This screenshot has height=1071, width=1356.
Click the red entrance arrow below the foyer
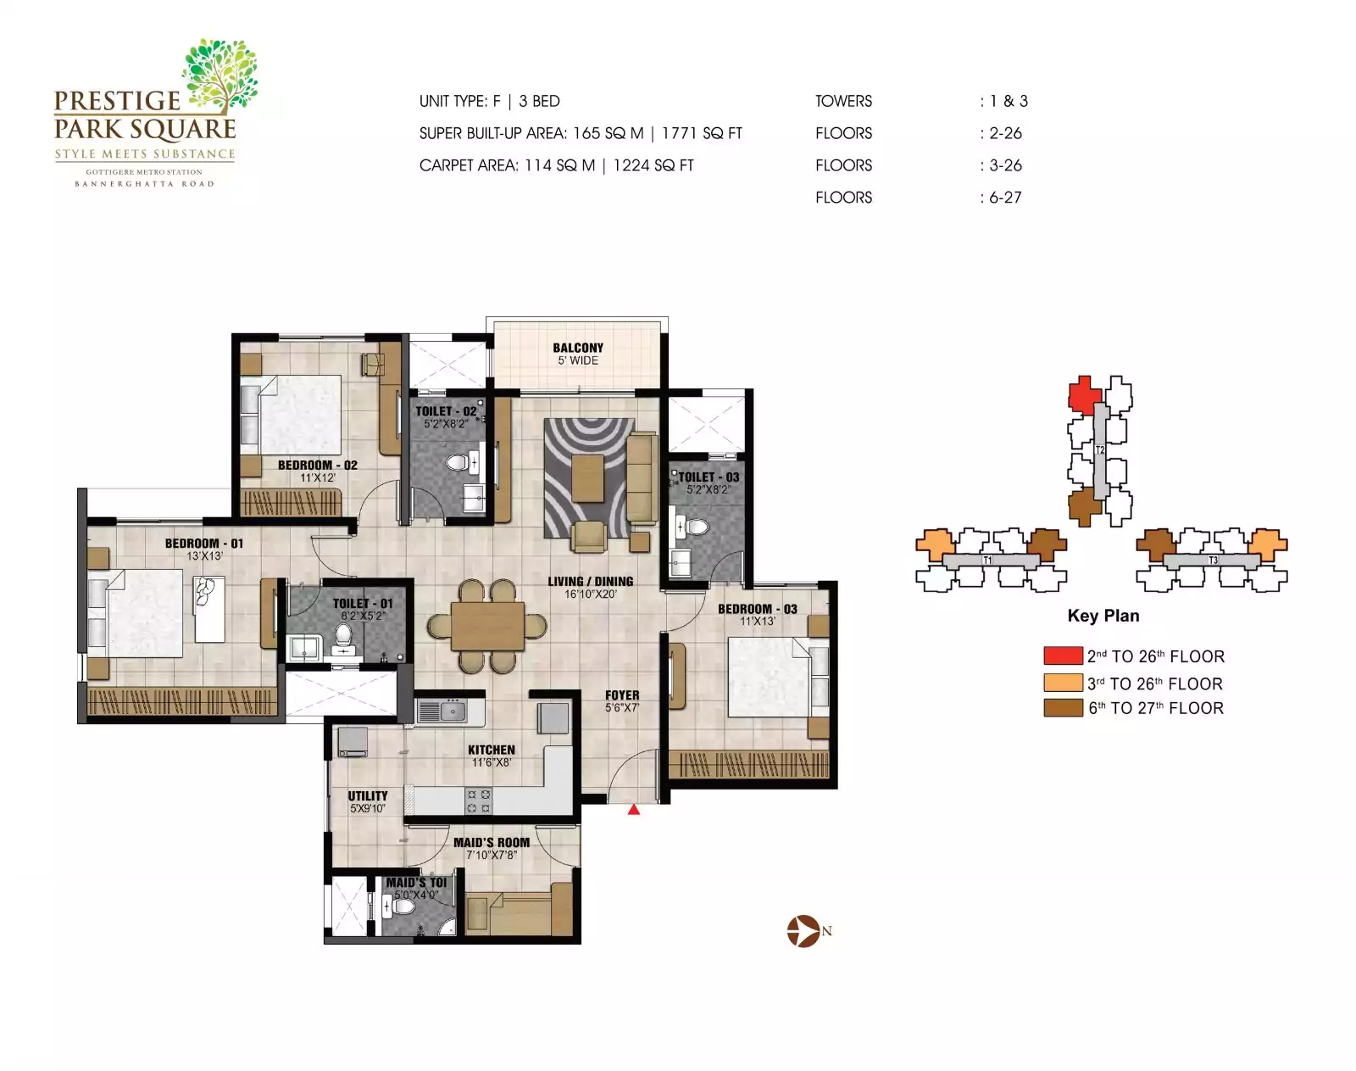[633, 810]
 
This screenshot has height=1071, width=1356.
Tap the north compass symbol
[802, 931]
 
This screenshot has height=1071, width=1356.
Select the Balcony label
[578, 348]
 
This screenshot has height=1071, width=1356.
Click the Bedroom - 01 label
[203, 544]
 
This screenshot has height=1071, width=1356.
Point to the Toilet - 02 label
[446, 411]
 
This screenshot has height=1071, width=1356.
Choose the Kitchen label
[492, 750]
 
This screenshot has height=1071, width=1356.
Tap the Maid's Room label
[492, 842]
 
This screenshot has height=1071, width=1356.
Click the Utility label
[368, 795]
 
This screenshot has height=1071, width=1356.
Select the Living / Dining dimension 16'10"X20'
[591, 594]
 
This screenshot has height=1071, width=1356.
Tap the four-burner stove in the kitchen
[479, 801]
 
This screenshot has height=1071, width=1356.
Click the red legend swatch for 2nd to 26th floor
[1063, 655]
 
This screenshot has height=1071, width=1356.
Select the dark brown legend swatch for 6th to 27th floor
[1063, 708]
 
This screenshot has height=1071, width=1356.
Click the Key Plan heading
[1103, 616]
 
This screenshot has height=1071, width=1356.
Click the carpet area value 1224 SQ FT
[653, 165]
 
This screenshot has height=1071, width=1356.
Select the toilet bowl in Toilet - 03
[697, 527]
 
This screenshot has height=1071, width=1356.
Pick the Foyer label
[622, 695]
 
